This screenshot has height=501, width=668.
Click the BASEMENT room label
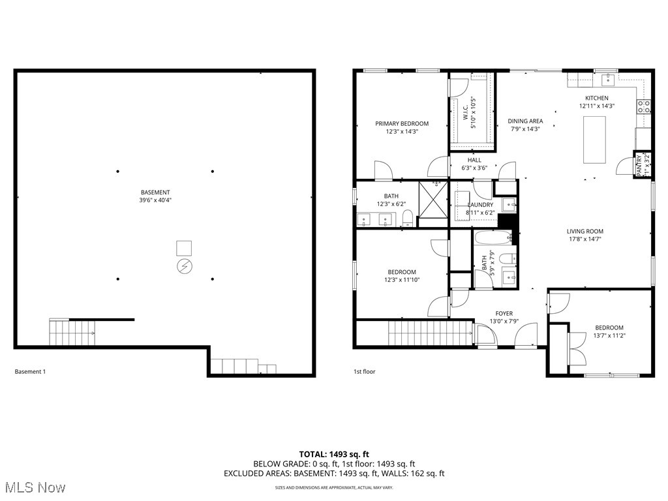(155, 192)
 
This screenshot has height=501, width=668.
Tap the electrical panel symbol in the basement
(185, 266)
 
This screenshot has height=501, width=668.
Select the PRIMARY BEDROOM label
(401, 123)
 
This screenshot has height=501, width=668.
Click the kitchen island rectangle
(594, 139)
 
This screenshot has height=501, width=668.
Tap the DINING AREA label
(525, 121)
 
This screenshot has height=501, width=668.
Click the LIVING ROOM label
(584, 231)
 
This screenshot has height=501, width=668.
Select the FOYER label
(503, 313)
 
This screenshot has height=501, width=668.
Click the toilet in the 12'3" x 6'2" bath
(407, 218)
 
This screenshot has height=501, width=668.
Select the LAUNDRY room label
(481, 205)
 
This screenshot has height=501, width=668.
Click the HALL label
(474, 160)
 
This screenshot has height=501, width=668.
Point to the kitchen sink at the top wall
(607, 79)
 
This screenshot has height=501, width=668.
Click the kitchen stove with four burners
(644, 106)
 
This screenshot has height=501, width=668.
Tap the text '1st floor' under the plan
(365, 372)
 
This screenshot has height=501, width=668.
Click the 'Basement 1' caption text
(30, 372)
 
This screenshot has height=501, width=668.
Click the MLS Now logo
(34, 487)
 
